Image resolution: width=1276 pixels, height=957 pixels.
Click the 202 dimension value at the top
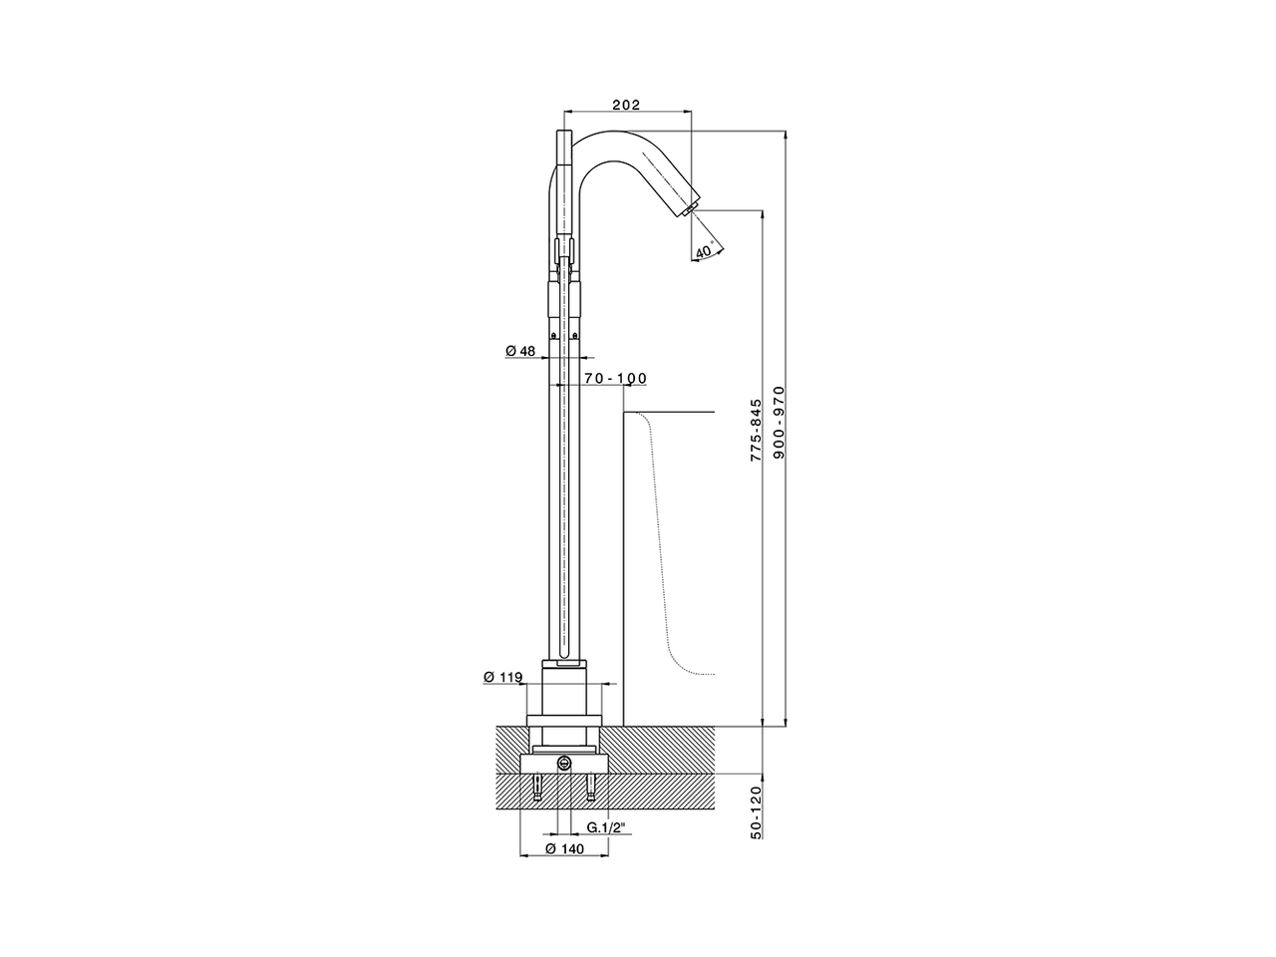pos(626,105)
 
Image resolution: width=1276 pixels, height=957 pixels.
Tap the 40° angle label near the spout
pos(705,250)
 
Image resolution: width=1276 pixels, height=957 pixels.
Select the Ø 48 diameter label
pos(520,351)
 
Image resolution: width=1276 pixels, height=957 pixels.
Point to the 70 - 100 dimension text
pos(615,378)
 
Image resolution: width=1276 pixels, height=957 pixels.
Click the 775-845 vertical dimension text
pos(756,422)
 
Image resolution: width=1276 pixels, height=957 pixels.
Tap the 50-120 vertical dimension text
pos(756,812)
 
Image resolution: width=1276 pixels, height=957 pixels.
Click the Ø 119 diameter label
pos(503,677)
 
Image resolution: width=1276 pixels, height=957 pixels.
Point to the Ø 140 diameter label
pos(564,849)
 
